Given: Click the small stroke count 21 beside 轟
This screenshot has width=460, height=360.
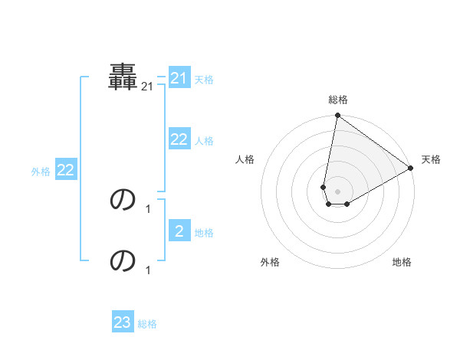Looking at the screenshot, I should [x=147, y=88].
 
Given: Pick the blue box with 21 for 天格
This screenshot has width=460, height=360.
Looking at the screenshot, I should [x=179, y=78].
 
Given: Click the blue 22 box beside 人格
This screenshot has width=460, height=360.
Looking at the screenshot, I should [x=179, y=139].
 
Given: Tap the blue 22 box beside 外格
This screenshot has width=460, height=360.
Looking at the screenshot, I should [x=65, y=171].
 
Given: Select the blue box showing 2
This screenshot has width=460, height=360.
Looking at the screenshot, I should [x=179, y=231].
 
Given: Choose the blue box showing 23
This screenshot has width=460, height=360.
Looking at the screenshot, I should [x=122, y=322].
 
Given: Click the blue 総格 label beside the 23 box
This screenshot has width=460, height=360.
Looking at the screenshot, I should [x=147, y=324].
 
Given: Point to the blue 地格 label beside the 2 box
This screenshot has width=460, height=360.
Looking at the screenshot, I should [x=204, y=233].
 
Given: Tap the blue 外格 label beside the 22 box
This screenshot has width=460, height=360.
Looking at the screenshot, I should [x=41, y=172].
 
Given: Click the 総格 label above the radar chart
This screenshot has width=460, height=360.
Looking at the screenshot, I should [x=337, y=100].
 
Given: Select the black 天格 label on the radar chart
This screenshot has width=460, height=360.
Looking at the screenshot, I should [x=431, y=159].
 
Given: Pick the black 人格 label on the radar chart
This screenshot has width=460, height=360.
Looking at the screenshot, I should [x=245, y=159].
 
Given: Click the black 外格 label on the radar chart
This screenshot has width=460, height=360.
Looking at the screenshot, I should [x=269, y=262].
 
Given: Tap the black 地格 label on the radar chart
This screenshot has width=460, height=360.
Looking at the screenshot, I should [x=402, y=262].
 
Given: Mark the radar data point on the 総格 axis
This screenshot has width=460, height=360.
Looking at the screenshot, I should [x=337, y=116].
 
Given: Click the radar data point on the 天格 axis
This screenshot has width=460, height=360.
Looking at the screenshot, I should [x=411, y=169].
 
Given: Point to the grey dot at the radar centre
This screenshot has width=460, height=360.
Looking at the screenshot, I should [x=337, y=191].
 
